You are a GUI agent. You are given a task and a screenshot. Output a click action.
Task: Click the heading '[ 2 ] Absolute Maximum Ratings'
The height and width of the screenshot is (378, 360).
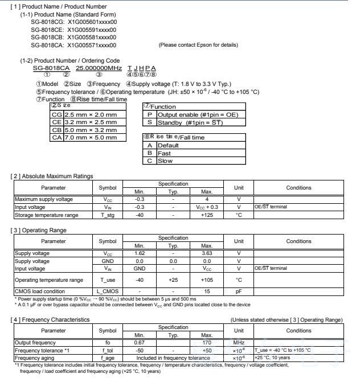point(51,176)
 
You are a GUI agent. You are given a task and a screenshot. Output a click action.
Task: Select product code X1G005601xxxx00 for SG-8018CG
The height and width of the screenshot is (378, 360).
point(92,22)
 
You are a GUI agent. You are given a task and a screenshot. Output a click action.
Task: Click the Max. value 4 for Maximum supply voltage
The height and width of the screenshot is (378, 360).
point(207,199)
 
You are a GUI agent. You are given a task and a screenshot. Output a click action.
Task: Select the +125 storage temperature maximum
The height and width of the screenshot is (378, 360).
point(207,215)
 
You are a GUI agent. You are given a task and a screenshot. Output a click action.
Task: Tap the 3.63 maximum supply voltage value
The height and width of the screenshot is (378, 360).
point(207,253)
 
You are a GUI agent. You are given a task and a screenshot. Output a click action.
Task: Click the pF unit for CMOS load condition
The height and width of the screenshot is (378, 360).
point(239,291)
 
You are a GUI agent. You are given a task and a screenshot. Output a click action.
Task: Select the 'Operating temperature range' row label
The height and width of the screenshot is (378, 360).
point(48,280)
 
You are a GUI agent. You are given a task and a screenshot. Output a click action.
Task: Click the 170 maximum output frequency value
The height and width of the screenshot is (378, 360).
point(207,343)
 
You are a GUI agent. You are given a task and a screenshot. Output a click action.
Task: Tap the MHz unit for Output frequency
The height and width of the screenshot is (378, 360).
point(239,343)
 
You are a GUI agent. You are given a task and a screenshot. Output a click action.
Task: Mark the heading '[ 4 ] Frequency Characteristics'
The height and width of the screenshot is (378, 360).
point(51,319)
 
